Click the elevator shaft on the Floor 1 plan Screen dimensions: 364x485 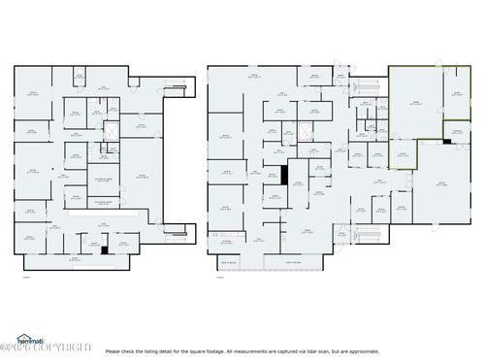pyautogui.click(x=109, y=131)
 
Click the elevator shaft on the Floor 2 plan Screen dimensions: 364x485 pyautogui.click(x=307, y=132)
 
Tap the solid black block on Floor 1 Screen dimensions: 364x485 pyautogui.click(x=104, y=250)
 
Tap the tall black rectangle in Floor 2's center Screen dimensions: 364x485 pyautogui.click(x=284, y=175)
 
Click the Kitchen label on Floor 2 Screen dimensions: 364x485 pyautogui.click(x=225, y=241)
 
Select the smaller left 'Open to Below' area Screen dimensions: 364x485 pyautogui.click(x=229, y=263)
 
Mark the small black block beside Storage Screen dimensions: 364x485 pyautogui.click(x=446, y=143)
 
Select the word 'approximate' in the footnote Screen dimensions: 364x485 pyautogui.click(x=461, y=351)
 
